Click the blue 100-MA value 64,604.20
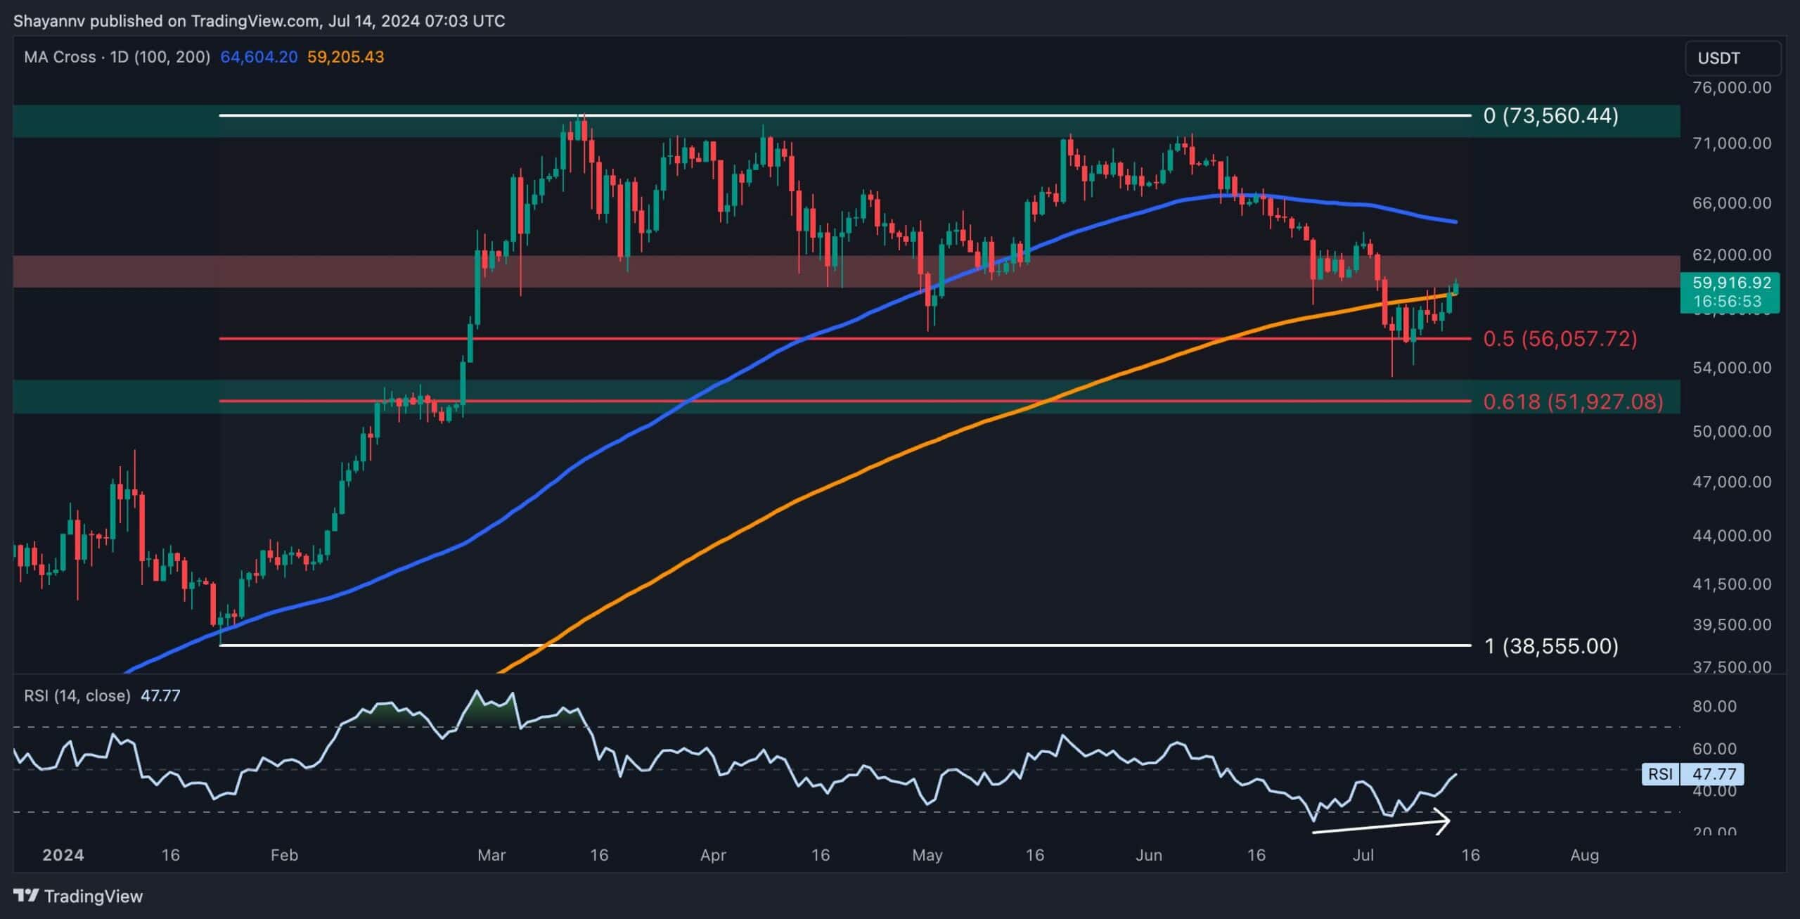259,57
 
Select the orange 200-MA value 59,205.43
346,57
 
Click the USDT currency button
1732,58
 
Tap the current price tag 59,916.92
1730,283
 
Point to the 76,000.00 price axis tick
1731,88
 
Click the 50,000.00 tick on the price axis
1731,431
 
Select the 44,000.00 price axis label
1731,536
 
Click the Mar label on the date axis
491,855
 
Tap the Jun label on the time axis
1148,855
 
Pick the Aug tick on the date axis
1584,855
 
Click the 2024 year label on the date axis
63,855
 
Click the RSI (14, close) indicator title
77,695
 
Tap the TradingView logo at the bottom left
78,896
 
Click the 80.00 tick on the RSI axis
1714,707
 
